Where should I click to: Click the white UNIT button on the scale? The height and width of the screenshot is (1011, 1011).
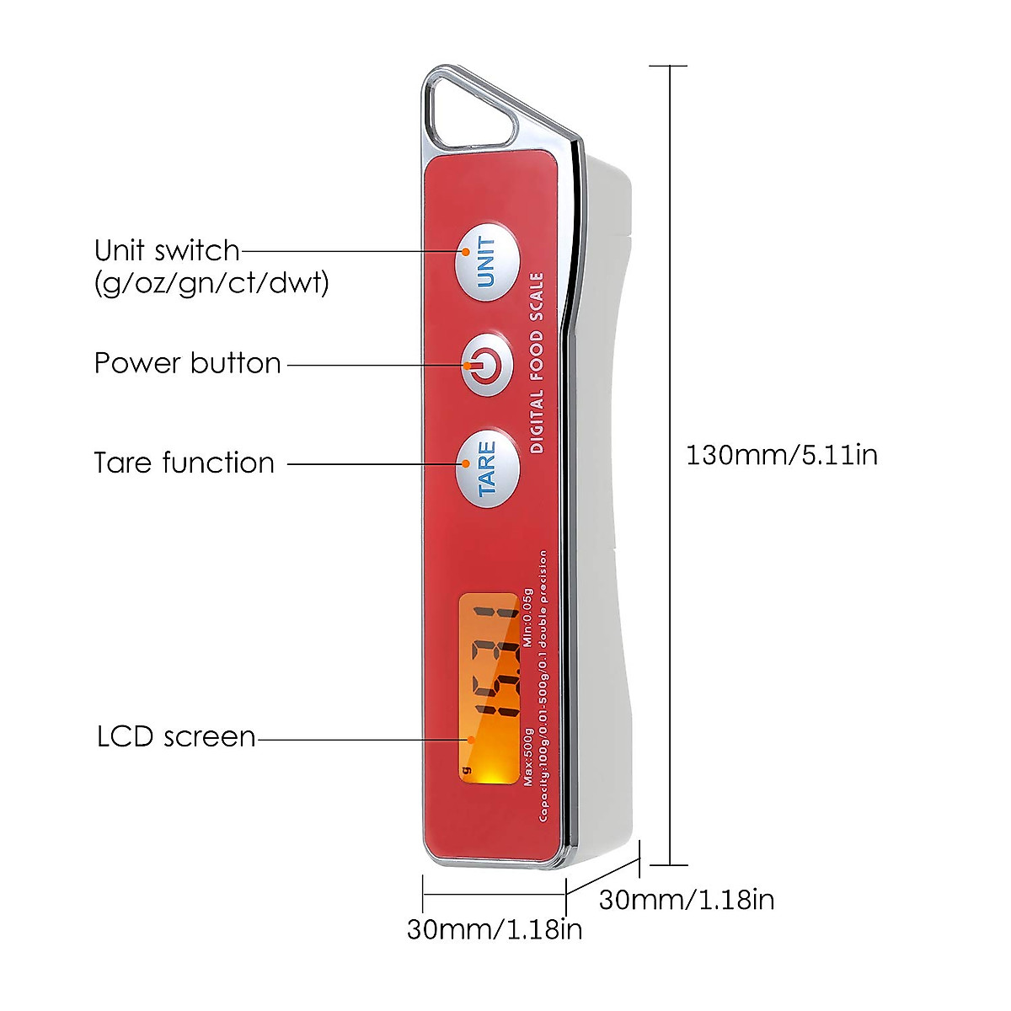pos(487,262)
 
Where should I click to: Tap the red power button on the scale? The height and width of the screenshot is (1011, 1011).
pos(487,365)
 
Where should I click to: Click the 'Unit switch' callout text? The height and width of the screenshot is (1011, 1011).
pos(167,250)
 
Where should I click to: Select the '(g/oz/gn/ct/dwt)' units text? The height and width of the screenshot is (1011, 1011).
pos(211,282)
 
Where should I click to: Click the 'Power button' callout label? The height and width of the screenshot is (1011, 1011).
pos(187,363)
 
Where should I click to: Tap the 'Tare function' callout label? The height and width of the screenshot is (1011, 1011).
pos(184,463)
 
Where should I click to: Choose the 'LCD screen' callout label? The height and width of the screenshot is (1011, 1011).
pos(175,736)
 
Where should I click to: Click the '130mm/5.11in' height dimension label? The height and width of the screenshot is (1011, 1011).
pos(781,455)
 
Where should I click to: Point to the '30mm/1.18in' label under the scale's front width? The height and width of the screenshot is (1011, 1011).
pos(494,929)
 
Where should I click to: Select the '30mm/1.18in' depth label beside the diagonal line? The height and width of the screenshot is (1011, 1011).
pos(686,899)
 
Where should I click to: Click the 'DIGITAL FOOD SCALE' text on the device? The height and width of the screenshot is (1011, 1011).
pos(537,363)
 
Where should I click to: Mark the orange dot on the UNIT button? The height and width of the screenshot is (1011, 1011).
pos(464,250)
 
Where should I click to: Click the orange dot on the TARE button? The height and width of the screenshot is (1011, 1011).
pos(464,463)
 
